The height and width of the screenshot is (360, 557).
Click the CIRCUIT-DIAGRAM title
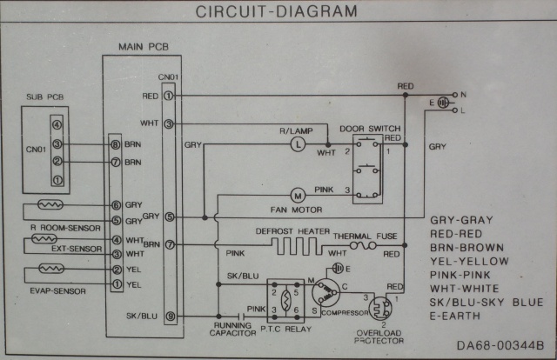(x=277, y=11)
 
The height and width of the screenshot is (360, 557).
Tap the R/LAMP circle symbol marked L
(x=298, y=144)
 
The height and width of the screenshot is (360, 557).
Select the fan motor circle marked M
(x=298, y=196)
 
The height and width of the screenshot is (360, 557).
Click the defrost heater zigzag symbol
(x=297, y=246)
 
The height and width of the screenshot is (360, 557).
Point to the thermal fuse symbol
(x=363, y=245)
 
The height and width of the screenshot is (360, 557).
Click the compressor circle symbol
(x=325, y=292)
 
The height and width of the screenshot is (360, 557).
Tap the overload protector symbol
(x=380, y=309)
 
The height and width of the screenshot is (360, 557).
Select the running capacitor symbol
(x=241, y=316)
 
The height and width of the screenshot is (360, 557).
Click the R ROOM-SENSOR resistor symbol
(x=50, y=204)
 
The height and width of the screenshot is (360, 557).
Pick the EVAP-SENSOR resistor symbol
(x=51, y=269)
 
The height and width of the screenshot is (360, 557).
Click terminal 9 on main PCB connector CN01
(x=171, y=316)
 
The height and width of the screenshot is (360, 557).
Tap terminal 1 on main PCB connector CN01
(x=168, y=96)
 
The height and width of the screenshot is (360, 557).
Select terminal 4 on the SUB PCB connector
(x=57, y=124)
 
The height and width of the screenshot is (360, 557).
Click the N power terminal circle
(x=455, y=95)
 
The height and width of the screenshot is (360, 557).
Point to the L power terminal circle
(x=455, y=110)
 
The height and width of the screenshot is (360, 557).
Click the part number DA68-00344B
(x=500, y=345)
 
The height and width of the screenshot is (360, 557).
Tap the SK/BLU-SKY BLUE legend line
(x=487, y=303)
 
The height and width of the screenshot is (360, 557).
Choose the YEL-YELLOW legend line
(x=469, y=261)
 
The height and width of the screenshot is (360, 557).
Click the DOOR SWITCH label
(x=370, y=129)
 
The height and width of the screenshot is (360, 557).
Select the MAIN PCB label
(x=144, y=47)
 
